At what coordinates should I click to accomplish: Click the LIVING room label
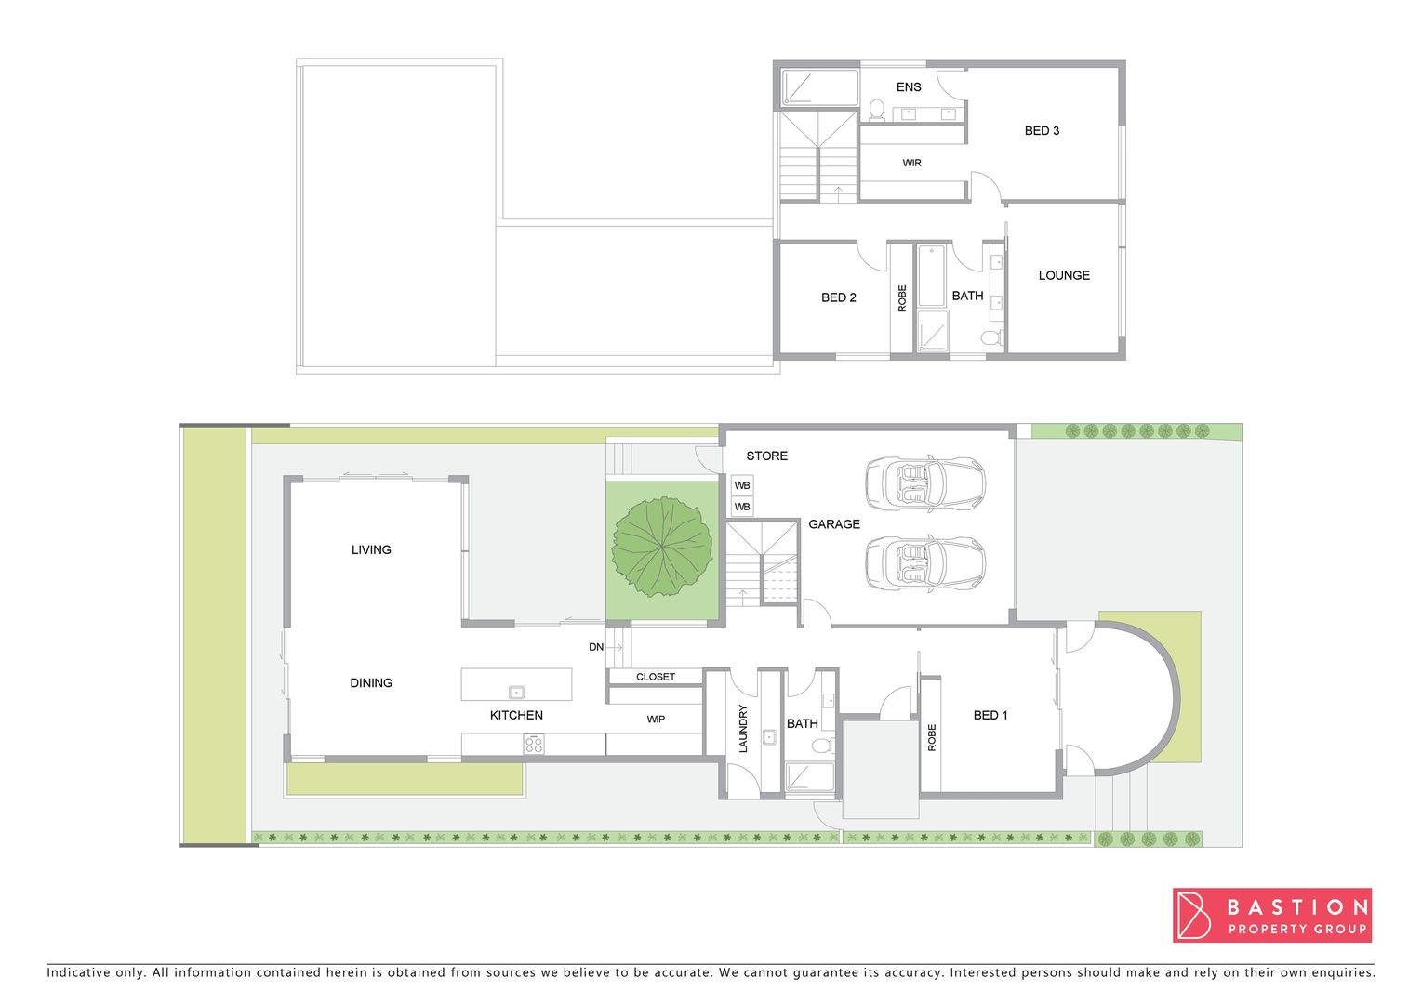point(371,549)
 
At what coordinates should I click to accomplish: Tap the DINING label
point(371,682)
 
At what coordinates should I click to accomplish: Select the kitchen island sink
point(516,692)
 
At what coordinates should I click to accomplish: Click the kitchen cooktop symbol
point(534,744)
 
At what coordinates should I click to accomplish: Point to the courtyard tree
point(662,548)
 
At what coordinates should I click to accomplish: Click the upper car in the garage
point(924,482)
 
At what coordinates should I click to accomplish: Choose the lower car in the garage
point(924,562)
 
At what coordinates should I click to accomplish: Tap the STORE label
point(766,456)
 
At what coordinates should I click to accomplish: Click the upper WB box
point(742,485)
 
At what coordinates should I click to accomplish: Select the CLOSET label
point(656,677)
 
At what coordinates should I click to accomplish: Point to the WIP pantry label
point(656,719)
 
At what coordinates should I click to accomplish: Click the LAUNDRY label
point(743,728)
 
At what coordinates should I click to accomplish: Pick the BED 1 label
point(990,715)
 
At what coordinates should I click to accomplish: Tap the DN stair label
point(596,647)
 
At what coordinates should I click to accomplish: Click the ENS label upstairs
point(909,86)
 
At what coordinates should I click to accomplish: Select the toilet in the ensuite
point(876,110)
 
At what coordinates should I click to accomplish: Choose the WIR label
point(911,163)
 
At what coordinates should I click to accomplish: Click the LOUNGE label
point(1064,275)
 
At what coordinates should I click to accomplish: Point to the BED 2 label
point(839,297)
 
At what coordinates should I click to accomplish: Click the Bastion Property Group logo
point(1271,915)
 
